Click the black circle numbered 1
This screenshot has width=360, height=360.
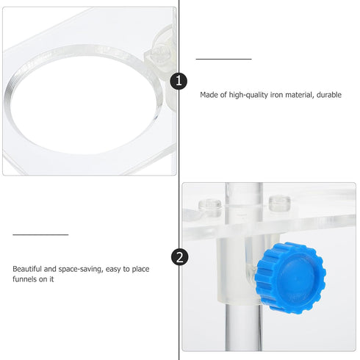pos(179,81)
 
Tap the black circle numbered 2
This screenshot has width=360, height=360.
pos(179,257)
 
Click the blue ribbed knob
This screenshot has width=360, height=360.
pos(290,278)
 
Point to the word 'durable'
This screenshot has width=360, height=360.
pos(329,95)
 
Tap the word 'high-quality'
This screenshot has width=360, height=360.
pos(248,96)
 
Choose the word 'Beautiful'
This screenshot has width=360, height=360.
pos(27,269)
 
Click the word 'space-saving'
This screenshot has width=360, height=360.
pos(81,270)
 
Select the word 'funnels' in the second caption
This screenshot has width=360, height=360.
pos(25,279)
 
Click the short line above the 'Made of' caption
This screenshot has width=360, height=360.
pos(223,59)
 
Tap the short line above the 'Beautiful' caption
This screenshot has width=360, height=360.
pos(40,235)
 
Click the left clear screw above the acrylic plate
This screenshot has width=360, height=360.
pos(210,205)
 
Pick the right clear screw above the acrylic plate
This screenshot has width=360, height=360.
pos(279,203)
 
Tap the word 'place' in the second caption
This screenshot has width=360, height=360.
pos(140,270)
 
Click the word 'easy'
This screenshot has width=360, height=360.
pos(114,270)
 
